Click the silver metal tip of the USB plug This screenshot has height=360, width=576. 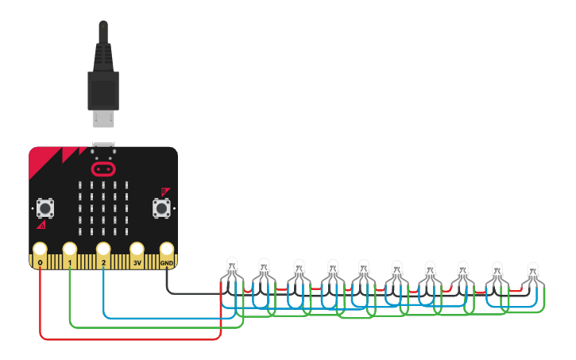pyautogui.click(x=102, y=118)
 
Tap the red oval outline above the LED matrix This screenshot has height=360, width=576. pyautogui.click(x=102, y=168)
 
